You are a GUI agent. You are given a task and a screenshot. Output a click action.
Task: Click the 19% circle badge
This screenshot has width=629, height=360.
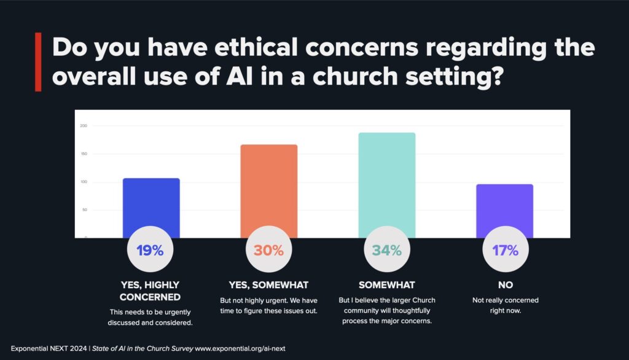pyautogui.click(x=150, y=251)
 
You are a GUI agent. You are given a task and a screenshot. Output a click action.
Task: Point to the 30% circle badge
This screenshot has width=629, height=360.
pyautogui.click(x=268, y=251)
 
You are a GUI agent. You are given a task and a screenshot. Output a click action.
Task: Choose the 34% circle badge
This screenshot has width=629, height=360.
pyautogui.click(x=386, y=251)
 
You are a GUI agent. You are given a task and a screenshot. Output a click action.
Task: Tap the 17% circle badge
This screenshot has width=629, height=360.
pyautogui.click(x=505, y=251)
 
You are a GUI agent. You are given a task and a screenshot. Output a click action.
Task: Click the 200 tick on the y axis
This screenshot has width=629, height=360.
pyautogui.click(x=84, y=126)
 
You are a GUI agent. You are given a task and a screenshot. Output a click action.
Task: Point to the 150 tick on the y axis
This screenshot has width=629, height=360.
pyautogui.click(x=84, y=154)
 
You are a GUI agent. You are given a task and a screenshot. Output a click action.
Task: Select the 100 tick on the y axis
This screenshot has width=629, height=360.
pyautogui.click(x=84, y=182)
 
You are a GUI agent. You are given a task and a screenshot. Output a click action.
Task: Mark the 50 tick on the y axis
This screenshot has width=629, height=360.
pyautogui.click(x=84, y=210)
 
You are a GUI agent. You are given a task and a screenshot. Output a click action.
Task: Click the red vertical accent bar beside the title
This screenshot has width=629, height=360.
pyautogui.click(x=38, y=62)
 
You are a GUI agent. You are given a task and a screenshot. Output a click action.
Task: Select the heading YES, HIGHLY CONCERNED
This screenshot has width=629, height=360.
pyautogui.click(x=150, y=291)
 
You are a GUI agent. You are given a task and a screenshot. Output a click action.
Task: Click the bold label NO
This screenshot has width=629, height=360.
pyautogui.click(x=505, y=285)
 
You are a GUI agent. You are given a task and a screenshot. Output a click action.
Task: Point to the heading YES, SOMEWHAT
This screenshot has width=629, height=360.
pyautogui.click(x=268, y=285)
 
